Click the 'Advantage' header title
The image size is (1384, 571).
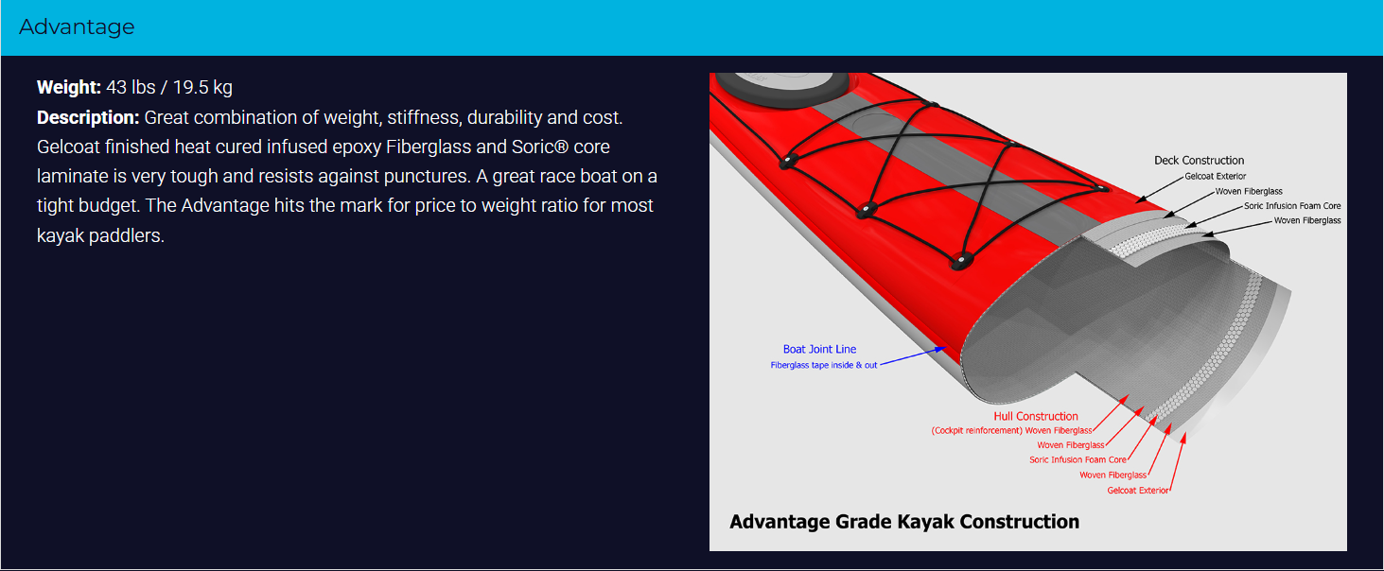(77, 27)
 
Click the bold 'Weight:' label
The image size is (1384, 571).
(68, 87)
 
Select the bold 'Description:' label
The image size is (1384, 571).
(88, 117)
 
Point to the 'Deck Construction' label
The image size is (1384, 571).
(1199, 161)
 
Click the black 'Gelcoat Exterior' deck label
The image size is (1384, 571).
(1215, 177)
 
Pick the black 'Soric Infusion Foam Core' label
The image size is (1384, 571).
(1292, 206)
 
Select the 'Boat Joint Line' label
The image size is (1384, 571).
(819, 350)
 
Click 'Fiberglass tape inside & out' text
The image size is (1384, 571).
(824, 366)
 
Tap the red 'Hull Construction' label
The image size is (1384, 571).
(1036, 417)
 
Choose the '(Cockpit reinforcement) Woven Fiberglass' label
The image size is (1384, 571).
(1011, 431)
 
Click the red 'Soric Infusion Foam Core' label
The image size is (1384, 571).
(1077, 459)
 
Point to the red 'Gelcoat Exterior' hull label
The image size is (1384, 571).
(1137, 491)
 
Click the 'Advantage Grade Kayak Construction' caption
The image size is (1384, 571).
(904, 522)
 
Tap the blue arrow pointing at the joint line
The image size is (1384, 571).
(913, 356)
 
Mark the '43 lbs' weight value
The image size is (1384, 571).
(131, 87)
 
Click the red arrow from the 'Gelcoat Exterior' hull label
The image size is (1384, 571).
(1178, 462)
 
